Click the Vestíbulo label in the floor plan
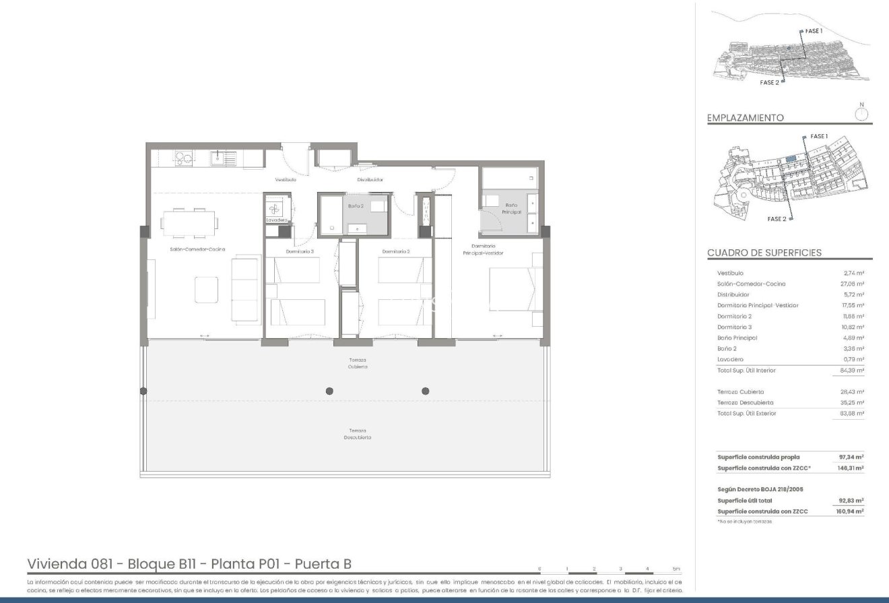click(x=285, y=180)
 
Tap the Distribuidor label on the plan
click(x=370, y=180)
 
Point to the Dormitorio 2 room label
click(x=396, y=251)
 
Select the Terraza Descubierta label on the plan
click(x=358, y=434)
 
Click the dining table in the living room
click(x=189, y=222)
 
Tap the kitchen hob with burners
click(x=184, y=158)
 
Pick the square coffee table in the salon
click(x=207, y=290)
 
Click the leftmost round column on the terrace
click(x=143, y=391)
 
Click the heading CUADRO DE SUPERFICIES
click(x=764, y=253)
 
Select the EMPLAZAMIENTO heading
click(x=745, y=118)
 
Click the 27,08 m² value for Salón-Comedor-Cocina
click(x=853, y=284)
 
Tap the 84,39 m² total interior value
click(x=853, y=370)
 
